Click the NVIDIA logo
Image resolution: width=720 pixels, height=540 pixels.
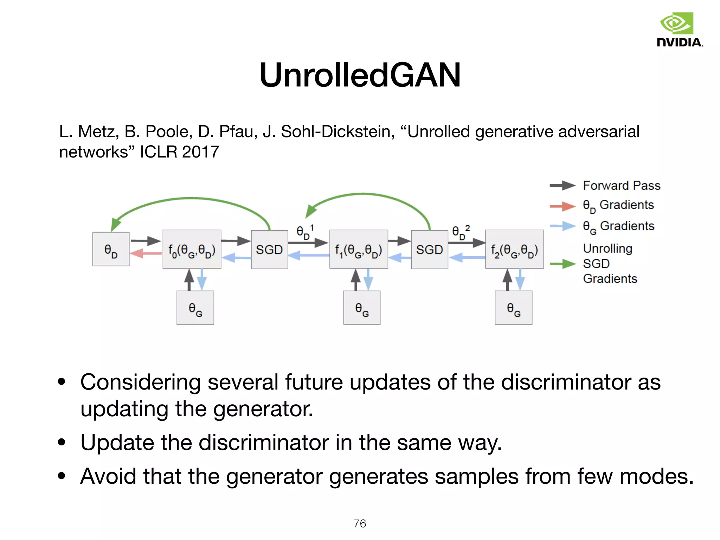point(679,30)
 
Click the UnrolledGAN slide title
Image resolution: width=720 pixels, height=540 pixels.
point(360,75)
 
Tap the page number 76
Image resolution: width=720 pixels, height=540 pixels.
point(360,523)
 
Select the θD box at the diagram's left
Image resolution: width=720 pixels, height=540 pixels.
point(111,249)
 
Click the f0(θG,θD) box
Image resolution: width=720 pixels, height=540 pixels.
point(192,250)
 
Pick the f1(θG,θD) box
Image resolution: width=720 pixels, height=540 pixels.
point(358,250)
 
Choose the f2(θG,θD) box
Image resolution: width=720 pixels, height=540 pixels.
point(514,250)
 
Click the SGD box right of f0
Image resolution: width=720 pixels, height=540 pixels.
point(269,250)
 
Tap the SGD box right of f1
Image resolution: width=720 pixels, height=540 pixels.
point(429,250)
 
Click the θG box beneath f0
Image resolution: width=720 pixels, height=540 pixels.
point(195,308)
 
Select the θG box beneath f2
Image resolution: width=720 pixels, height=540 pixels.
point(513,308)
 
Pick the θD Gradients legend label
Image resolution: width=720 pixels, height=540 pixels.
point(618,205)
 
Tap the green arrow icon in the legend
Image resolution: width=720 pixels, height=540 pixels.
point(562,264)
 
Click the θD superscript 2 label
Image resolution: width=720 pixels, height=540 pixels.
point(461,232)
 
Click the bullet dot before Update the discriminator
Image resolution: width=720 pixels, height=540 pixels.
point(62,442)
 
